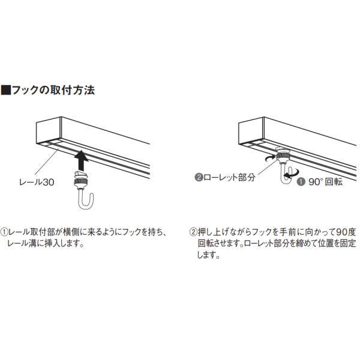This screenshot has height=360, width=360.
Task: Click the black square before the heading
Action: coord(6,90)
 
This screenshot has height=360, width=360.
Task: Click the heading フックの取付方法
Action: coord(53,90)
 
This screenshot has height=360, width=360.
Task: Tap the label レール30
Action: coord(37,182)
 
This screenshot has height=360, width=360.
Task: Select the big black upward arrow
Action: coord(81,160)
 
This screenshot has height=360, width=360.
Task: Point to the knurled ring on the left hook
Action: coord(81,182)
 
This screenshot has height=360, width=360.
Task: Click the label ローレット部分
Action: coord(229,177)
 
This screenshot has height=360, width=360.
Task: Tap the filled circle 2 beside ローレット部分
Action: coord(199,178)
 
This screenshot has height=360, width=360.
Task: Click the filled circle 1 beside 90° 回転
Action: coord(301,182)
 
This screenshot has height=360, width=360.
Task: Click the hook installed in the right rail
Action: coord(284,165)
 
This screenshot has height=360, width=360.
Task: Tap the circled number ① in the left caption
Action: coord(4,232)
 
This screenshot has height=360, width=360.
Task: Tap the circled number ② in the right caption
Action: coord(193,232)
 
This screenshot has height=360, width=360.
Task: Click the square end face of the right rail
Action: coord(251,131)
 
